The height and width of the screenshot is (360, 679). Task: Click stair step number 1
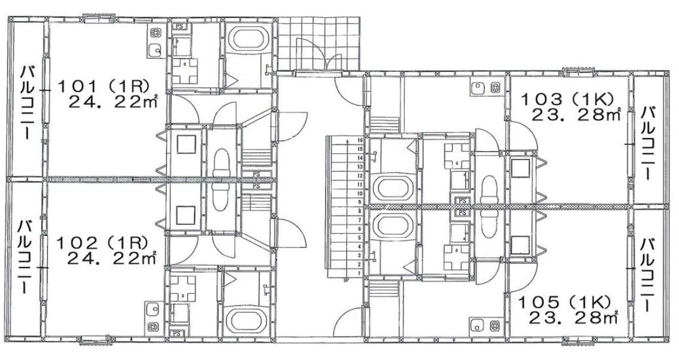point(359,273)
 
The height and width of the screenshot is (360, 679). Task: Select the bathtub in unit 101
point(247,39)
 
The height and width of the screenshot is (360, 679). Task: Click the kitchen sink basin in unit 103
point(478,88)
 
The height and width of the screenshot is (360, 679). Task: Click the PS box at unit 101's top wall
point(179,26)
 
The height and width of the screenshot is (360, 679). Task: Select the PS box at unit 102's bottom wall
point(178,333)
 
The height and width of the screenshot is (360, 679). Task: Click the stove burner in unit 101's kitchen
point(157,33)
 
